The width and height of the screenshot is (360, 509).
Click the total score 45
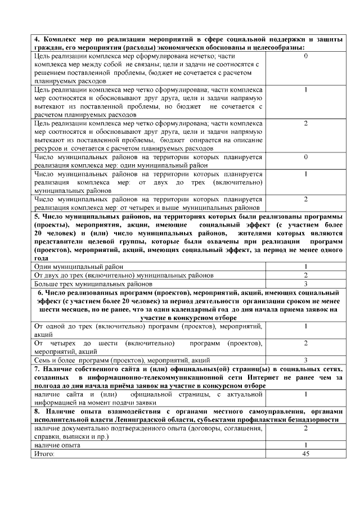pos(305,453)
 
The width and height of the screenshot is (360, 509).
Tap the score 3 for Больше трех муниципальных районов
pos(305,284)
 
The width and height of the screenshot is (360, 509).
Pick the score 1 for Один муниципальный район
pos(305,267)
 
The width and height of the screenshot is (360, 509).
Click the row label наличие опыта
pos(57,445)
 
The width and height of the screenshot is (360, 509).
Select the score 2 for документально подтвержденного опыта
pos(305,428)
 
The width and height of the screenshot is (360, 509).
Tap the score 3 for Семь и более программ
pos(305,359)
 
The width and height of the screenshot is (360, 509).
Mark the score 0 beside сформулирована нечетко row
pos(305,57)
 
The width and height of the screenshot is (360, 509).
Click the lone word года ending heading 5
pos(42,258)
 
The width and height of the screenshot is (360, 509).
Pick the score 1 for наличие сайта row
pos(305,395)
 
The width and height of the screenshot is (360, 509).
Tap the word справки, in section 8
pos(47,436)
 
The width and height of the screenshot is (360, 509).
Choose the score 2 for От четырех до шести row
pos(305,343)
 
